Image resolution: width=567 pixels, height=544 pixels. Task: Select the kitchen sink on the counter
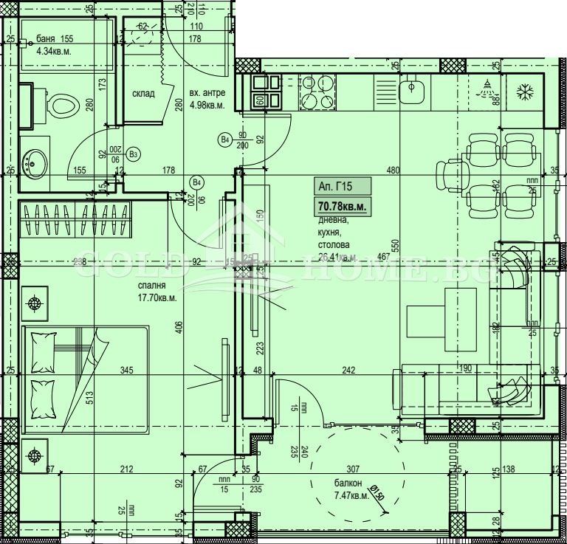410,92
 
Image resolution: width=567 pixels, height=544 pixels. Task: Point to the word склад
143,94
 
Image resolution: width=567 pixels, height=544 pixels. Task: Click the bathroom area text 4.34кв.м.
54,52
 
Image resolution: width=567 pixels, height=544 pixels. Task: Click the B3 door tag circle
133,154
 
